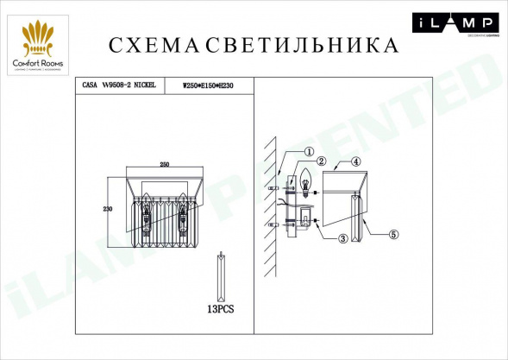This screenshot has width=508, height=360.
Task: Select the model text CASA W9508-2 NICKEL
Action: tap(117, 86)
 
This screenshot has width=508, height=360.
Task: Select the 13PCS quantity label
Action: tap(222, 307)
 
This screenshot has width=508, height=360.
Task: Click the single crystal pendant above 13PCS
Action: tap(222, 273)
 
